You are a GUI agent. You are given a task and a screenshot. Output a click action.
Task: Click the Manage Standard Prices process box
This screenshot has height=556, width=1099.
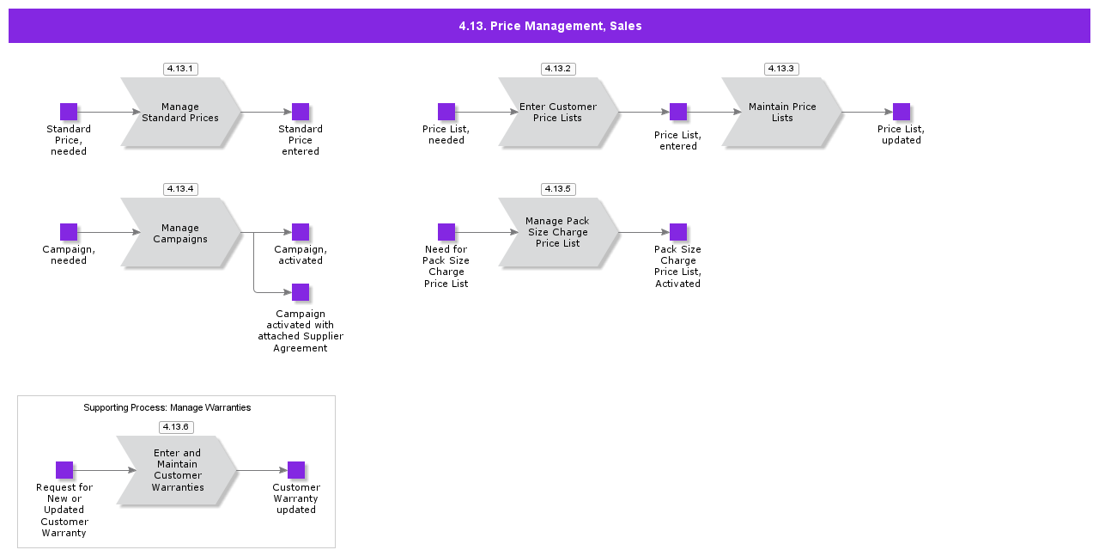[x=180, y=112]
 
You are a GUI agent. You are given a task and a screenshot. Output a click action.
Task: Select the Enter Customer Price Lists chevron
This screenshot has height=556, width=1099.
[x=558, y=112]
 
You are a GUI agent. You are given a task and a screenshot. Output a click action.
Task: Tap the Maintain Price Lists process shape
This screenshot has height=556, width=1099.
[x=781, y=112]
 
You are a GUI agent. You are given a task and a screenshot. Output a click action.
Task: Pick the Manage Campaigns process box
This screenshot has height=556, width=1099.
[x=180, y=233]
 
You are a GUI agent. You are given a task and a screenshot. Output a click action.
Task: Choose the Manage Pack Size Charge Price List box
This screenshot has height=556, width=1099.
[x=558, y=232]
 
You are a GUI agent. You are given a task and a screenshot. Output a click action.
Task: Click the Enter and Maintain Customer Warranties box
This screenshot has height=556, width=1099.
[x=178, y=470]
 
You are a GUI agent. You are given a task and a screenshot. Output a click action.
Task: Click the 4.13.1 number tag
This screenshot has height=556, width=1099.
[x=180, y=69]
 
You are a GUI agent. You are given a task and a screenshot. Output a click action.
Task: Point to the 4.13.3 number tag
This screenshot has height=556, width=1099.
[x=781, y=69]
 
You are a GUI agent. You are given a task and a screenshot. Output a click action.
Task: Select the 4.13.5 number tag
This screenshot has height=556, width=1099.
[x=558, y=189]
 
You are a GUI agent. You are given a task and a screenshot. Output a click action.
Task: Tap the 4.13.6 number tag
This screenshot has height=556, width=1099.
[x=176, y=427]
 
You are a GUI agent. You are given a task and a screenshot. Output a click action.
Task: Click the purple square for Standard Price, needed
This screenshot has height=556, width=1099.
[x=69, y=112]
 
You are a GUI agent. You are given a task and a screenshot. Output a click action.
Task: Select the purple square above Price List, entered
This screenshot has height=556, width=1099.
[x=678, y=112]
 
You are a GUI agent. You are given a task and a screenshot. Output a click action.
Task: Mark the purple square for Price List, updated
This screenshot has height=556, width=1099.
[x=902, y=112]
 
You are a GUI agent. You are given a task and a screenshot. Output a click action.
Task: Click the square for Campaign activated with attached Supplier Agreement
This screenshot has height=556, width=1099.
[x=301, y=292]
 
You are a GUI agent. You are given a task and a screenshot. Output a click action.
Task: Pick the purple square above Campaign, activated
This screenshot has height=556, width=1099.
[x=301, y=232]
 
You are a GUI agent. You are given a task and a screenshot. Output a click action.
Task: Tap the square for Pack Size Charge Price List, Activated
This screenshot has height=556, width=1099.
[x=678, y=232]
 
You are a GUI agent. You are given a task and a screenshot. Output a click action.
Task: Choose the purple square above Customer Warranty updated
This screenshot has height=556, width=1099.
[x=296, y=470]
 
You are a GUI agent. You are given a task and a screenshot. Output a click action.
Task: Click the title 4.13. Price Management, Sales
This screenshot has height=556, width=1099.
[x=549, y=26]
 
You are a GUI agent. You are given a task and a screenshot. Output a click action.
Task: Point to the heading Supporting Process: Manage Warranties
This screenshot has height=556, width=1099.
[x=167, y=407]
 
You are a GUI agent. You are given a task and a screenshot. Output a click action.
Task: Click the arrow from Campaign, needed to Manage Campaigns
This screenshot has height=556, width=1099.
[x=108, y=232]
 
